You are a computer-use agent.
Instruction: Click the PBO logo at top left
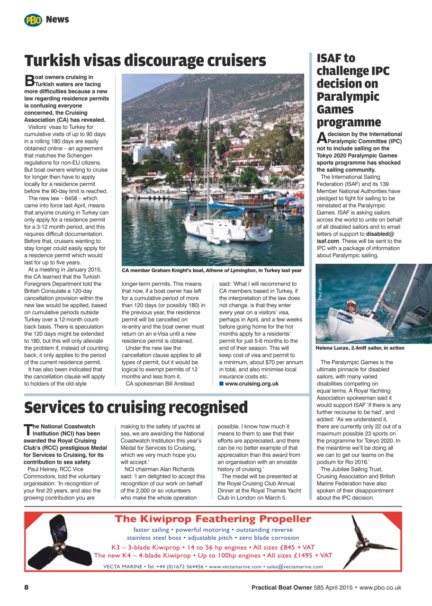coord(33,20)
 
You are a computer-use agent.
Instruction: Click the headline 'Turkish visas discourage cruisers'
coord(145,61)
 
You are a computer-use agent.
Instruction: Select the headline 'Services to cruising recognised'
coord(136,407)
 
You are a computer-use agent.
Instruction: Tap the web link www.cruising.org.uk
coord(251,383)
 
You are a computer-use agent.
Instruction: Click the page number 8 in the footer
coord(27,587)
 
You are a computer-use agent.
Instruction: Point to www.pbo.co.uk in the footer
coord(380,588)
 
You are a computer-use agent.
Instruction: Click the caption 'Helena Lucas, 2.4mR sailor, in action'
coord(360,348)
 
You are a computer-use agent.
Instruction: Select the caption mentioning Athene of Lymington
coord(212,270)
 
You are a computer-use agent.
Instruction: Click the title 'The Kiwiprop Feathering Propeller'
coord(213,519)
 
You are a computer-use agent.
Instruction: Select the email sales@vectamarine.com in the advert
coord(295,567)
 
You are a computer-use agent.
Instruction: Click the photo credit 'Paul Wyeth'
coord(320,289)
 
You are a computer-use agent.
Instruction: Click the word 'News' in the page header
coord(57,20)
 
